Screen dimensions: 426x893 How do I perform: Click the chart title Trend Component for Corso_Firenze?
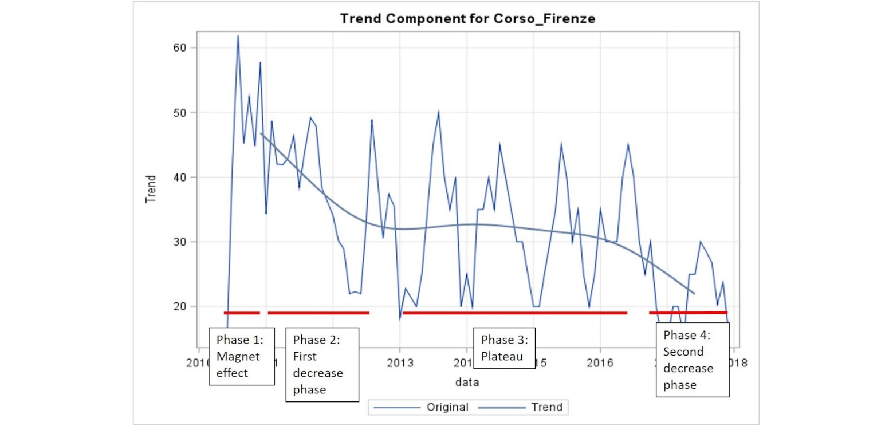[x=467, y=18]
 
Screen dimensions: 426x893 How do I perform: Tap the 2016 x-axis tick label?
[x=600, y=362]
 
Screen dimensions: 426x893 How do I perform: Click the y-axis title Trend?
[x=151, y=190]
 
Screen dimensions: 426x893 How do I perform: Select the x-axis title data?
[x=467, y=381]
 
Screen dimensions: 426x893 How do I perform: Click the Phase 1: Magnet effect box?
[x=241, y=356]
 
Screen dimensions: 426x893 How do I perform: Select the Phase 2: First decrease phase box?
[x=322, y=365]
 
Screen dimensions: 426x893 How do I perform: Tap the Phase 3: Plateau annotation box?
[x=504, y=348]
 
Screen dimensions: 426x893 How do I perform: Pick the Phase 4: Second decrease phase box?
[x=692, y=360]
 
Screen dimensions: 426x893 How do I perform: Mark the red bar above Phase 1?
[x=242, y=313]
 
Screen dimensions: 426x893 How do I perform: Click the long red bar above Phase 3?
[x=514, y=313]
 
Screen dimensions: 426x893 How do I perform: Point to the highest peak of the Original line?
[x=238, y=36]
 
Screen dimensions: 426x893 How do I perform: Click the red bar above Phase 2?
[x=318, y=313]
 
